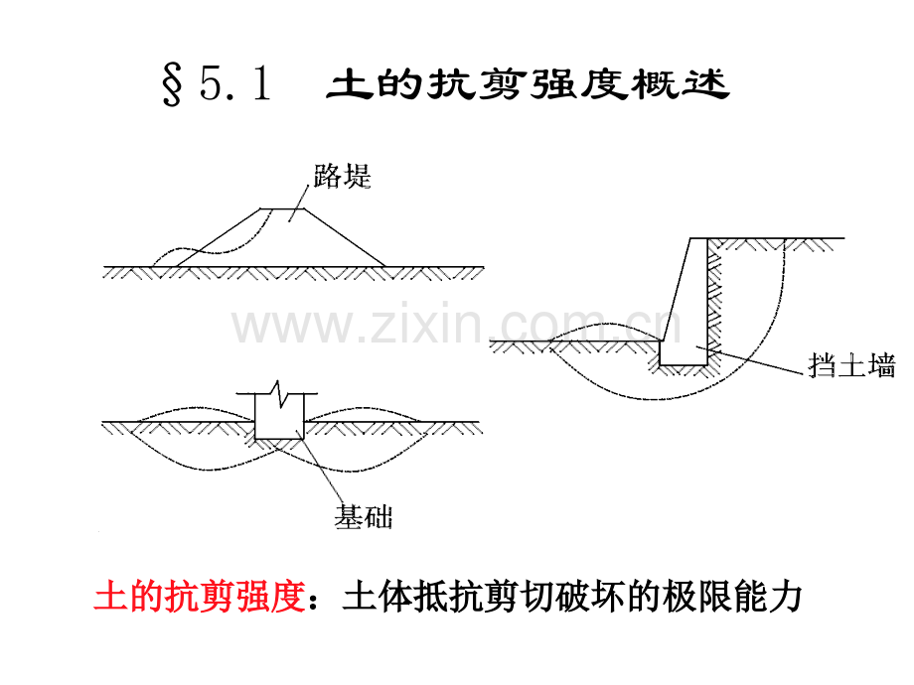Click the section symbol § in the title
[173, 85]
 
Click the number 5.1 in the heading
[235, 83]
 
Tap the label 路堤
[342, 176]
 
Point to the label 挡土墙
[851, 365]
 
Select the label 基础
[364, 516]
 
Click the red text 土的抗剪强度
[200, 596]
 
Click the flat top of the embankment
[283, 208]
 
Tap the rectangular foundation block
[280, 417]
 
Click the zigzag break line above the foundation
[279, 393]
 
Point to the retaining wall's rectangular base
[684, 353]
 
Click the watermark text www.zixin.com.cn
[456, 324]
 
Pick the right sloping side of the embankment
[345, 237]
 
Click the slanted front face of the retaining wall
[677, 290]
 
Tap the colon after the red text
[314, 600]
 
